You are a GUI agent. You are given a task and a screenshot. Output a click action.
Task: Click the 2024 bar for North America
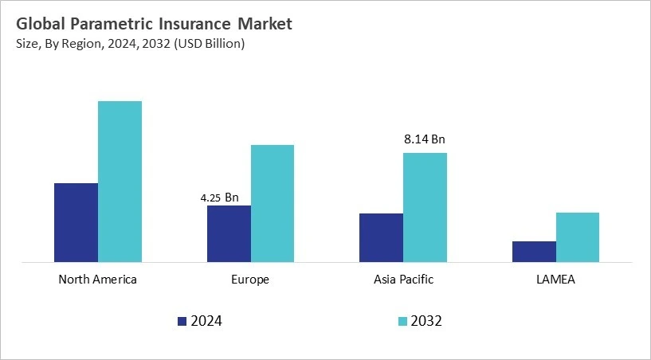click(x=76, y=222)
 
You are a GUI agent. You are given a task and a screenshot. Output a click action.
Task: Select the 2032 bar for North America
click(x=120, y=182)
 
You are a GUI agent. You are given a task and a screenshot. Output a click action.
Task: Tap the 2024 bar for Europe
click(x=229, y=233)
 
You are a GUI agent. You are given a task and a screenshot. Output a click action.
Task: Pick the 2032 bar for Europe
click(x=273, y=203)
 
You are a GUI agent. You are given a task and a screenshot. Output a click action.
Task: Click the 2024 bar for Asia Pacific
click(x=381, y=237)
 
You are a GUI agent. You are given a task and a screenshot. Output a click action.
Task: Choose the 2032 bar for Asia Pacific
click(x=425, y=207)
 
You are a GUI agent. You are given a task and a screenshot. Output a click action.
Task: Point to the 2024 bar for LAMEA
click(x=534, y=251)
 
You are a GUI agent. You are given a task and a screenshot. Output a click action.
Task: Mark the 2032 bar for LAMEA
click(x=578, y=237)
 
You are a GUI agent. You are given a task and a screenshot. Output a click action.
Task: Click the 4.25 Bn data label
click(x=219, y=197)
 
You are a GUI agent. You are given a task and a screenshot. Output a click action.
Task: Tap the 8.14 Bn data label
click(x=425, y=139)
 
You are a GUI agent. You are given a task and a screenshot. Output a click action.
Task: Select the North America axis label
click(x=98, y=280)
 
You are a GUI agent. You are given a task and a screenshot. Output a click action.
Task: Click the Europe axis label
click(x=250, y=280)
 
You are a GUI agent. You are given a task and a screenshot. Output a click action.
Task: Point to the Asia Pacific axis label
click(x=403, y=280)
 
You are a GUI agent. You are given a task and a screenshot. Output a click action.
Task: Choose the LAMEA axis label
click(x=555, y=280)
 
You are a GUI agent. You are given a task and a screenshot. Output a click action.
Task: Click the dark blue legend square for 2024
click(x=182, y=322)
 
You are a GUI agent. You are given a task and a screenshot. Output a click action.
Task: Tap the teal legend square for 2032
click(x=402, y=322)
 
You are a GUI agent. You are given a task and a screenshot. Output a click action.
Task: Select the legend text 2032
click(x=427, y=322)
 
